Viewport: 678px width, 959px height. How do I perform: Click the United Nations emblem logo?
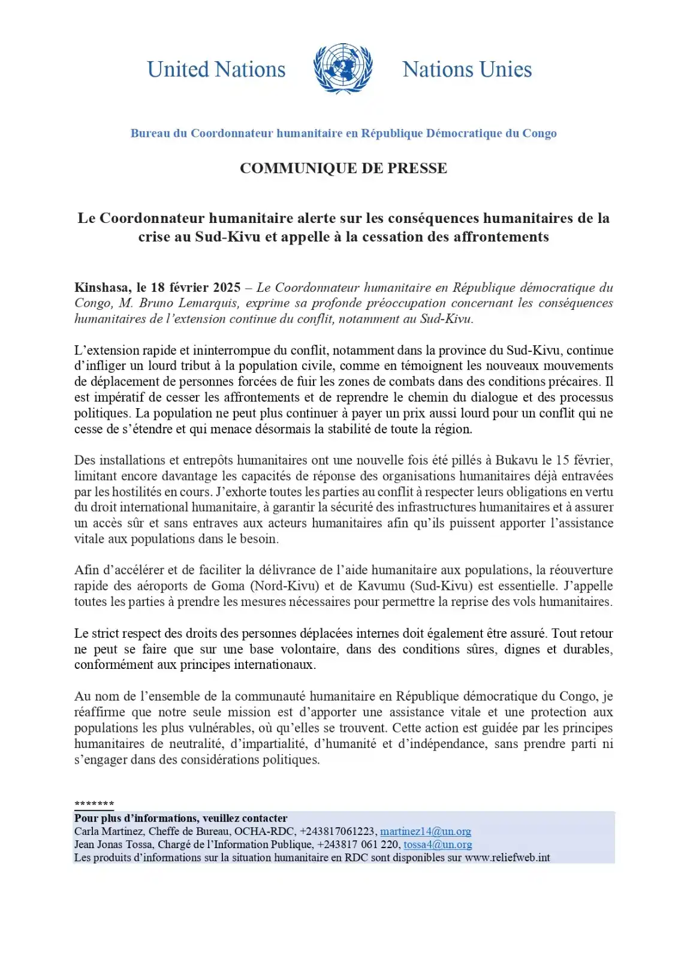[x=343, y=68]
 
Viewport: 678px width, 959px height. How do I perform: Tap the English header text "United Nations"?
[x=216, y=70]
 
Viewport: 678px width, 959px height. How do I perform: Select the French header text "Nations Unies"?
[x=467, y=70]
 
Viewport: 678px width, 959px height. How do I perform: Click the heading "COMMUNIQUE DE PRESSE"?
[x=343, y=168]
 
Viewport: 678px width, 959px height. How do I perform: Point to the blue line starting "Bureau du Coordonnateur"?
[x=343, y=133]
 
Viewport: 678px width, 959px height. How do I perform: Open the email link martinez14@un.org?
[x=426, y=831]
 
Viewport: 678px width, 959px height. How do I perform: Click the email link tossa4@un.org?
[x=438, y=845]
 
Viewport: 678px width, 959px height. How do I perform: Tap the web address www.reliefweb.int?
[x=507, y=858]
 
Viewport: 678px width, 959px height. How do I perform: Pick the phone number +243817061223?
[x=338, y=831]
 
